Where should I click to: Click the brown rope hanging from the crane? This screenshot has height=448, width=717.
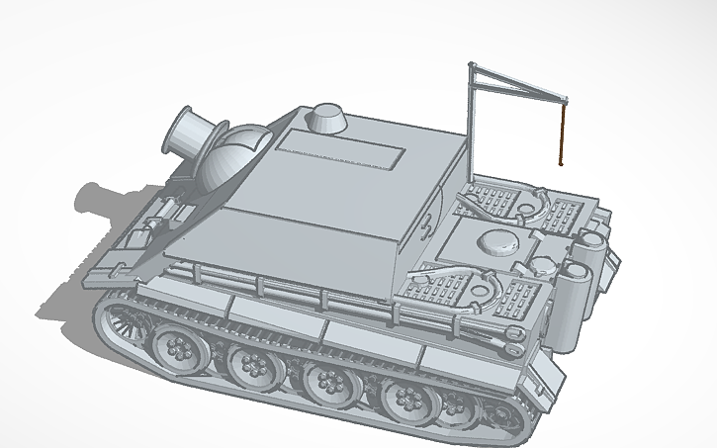coord(561,134)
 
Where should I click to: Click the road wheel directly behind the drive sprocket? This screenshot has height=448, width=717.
coord(180,347)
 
